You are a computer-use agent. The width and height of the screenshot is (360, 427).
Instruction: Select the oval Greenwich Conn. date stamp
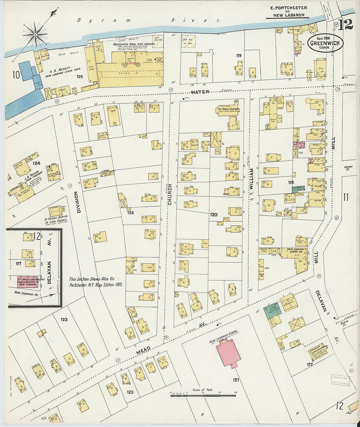[325, 43]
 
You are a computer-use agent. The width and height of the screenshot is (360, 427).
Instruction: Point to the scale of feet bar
[203, 396]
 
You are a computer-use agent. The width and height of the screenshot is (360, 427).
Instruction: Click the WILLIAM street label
[252, 179]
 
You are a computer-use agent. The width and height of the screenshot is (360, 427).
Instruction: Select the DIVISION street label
[79, 202]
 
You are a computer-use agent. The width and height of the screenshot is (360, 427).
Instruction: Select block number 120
[213, 215]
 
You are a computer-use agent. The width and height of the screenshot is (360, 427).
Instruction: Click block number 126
[130, 213]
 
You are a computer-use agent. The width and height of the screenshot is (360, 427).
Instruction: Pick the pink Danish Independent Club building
[27, 282]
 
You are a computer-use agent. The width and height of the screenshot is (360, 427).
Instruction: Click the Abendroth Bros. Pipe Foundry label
[134, 44]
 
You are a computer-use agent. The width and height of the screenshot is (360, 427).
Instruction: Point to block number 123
[64, 319]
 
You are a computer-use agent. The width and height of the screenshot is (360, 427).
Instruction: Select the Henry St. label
[348, 168]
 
